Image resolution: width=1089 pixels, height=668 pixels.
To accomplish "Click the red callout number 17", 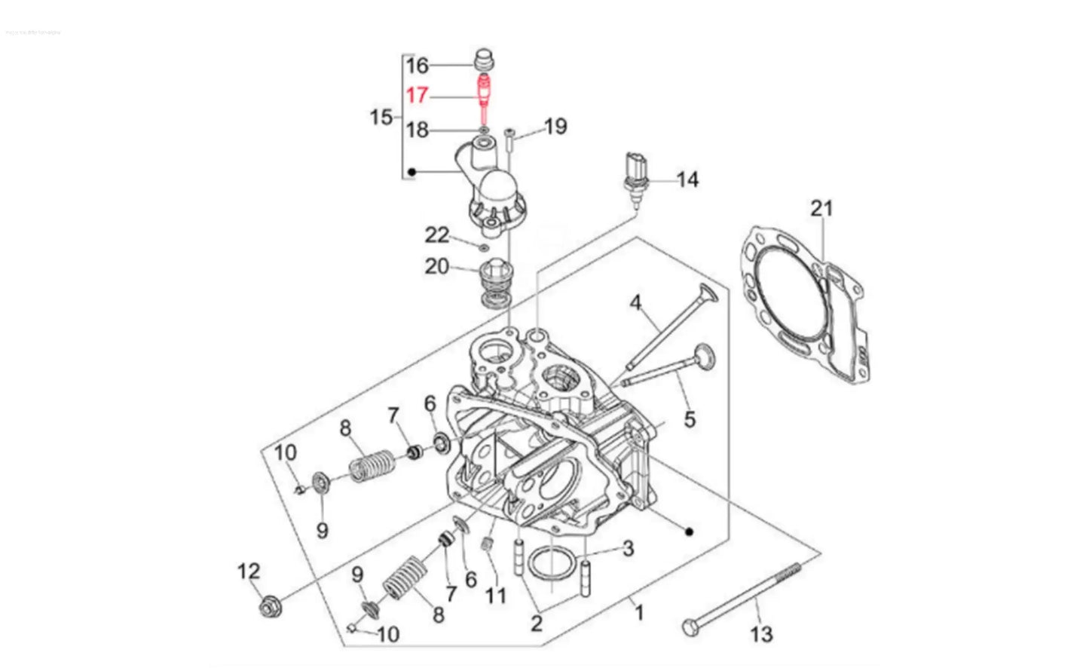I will [x=417, y=96].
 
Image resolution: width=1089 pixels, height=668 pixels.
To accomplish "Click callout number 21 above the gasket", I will [x=821, y=207].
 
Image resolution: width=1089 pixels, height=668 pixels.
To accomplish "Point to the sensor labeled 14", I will [x=635, y=177].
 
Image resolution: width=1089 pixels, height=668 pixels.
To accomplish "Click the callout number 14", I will [x=687, y=179].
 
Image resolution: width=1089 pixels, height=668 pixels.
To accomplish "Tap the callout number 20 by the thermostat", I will [x=436, y=266].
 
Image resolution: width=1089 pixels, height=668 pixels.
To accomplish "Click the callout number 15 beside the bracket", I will [x=381, y=117].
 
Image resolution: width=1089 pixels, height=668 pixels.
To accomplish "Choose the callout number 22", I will [x=437, y=235].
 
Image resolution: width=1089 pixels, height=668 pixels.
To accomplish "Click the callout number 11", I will [x=495, y=596].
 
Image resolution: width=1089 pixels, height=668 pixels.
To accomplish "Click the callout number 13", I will [x=762, y=634].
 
